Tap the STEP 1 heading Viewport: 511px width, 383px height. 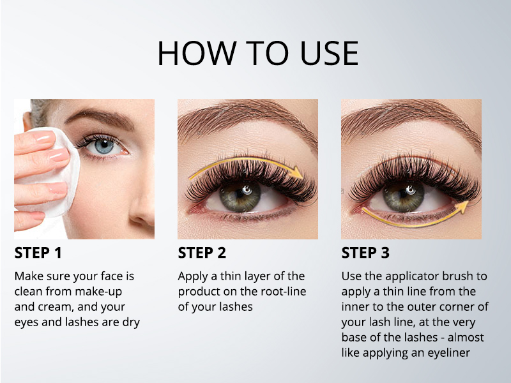click(x=38, y=253)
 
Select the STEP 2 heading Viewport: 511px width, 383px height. click(x=202, y=253)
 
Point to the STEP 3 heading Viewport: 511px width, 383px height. click(x=365, y=253)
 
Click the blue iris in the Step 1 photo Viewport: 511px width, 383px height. click(x=104, y=146)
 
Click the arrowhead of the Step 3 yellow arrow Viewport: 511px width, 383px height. click(x=464, y=206)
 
